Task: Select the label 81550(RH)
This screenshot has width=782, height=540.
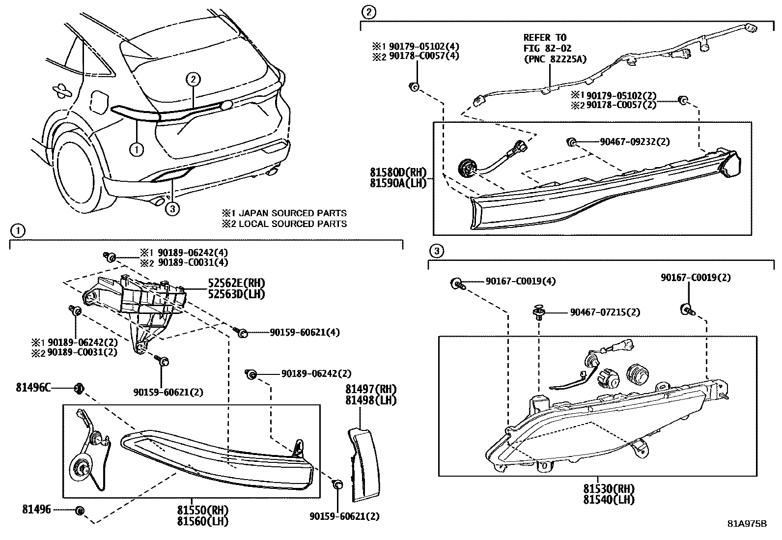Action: [203, 510]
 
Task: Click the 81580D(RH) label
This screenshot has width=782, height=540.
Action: [398, 172]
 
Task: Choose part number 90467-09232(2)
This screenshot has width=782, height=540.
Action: [635, 142]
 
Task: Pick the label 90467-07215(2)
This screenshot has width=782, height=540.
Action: [605, 312]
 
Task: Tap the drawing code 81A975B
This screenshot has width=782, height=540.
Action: [747, 523]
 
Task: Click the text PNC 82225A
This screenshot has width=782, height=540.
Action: [555, 59]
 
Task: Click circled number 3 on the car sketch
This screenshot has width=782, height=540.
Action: [171, 209]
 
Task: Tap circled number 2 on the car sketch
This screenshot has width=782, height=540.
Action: [193, 79]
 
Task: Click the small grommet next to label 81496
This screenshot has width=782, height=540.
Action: [81, 511]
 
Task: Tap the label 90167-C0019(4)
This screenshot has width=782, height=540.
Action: [521, 281]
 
